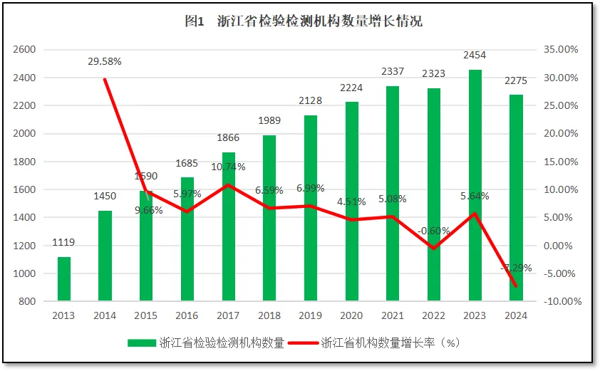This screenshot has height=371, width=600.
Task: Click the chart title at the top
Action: pyautogui.click(x=304, y=21)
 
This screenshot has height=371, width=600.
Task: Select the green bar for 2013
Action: pyautogui.click(x=64, y=279)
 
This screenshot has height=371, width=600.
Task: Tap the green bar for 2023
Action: pyautogui.click(x=475, y=185)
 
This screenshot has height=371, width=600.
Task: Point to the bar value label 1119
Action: pyautogui.click(x=64, y=243)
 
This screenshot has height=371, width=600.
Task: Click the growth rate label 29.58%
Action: pyautogui.click(x=105, y=61)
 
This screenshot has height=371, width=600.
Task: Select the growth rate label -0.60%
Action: pyautogui.click(x=434, y=230)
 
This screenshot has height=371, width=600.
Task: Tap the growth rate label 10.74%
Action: pyautogui.click(x=228, y=167)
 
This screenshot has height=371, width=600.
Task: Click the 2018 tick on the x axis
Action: pyautogui.click(x=269, y=316)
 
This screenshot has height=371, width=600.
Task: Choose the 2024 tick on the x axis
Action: pyautogui.click(x=516, y=316)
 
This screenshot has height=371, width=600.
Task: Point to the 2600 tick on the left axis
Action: pyautogui.click(x=24, y=50)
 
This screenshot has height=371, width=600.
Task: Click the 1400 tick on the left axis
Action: pyautogui.click(x=24, y=218)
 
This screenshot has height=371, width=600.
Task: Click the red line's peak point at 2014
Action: pyautogui.click(x=105, y=79)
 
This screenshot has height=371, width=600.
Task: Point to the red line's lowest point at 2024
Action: pyautogui.click(x=516, y=286)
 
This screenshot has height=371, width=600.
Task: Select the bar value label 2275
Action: pyautogui.click(x=516, y=80)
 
